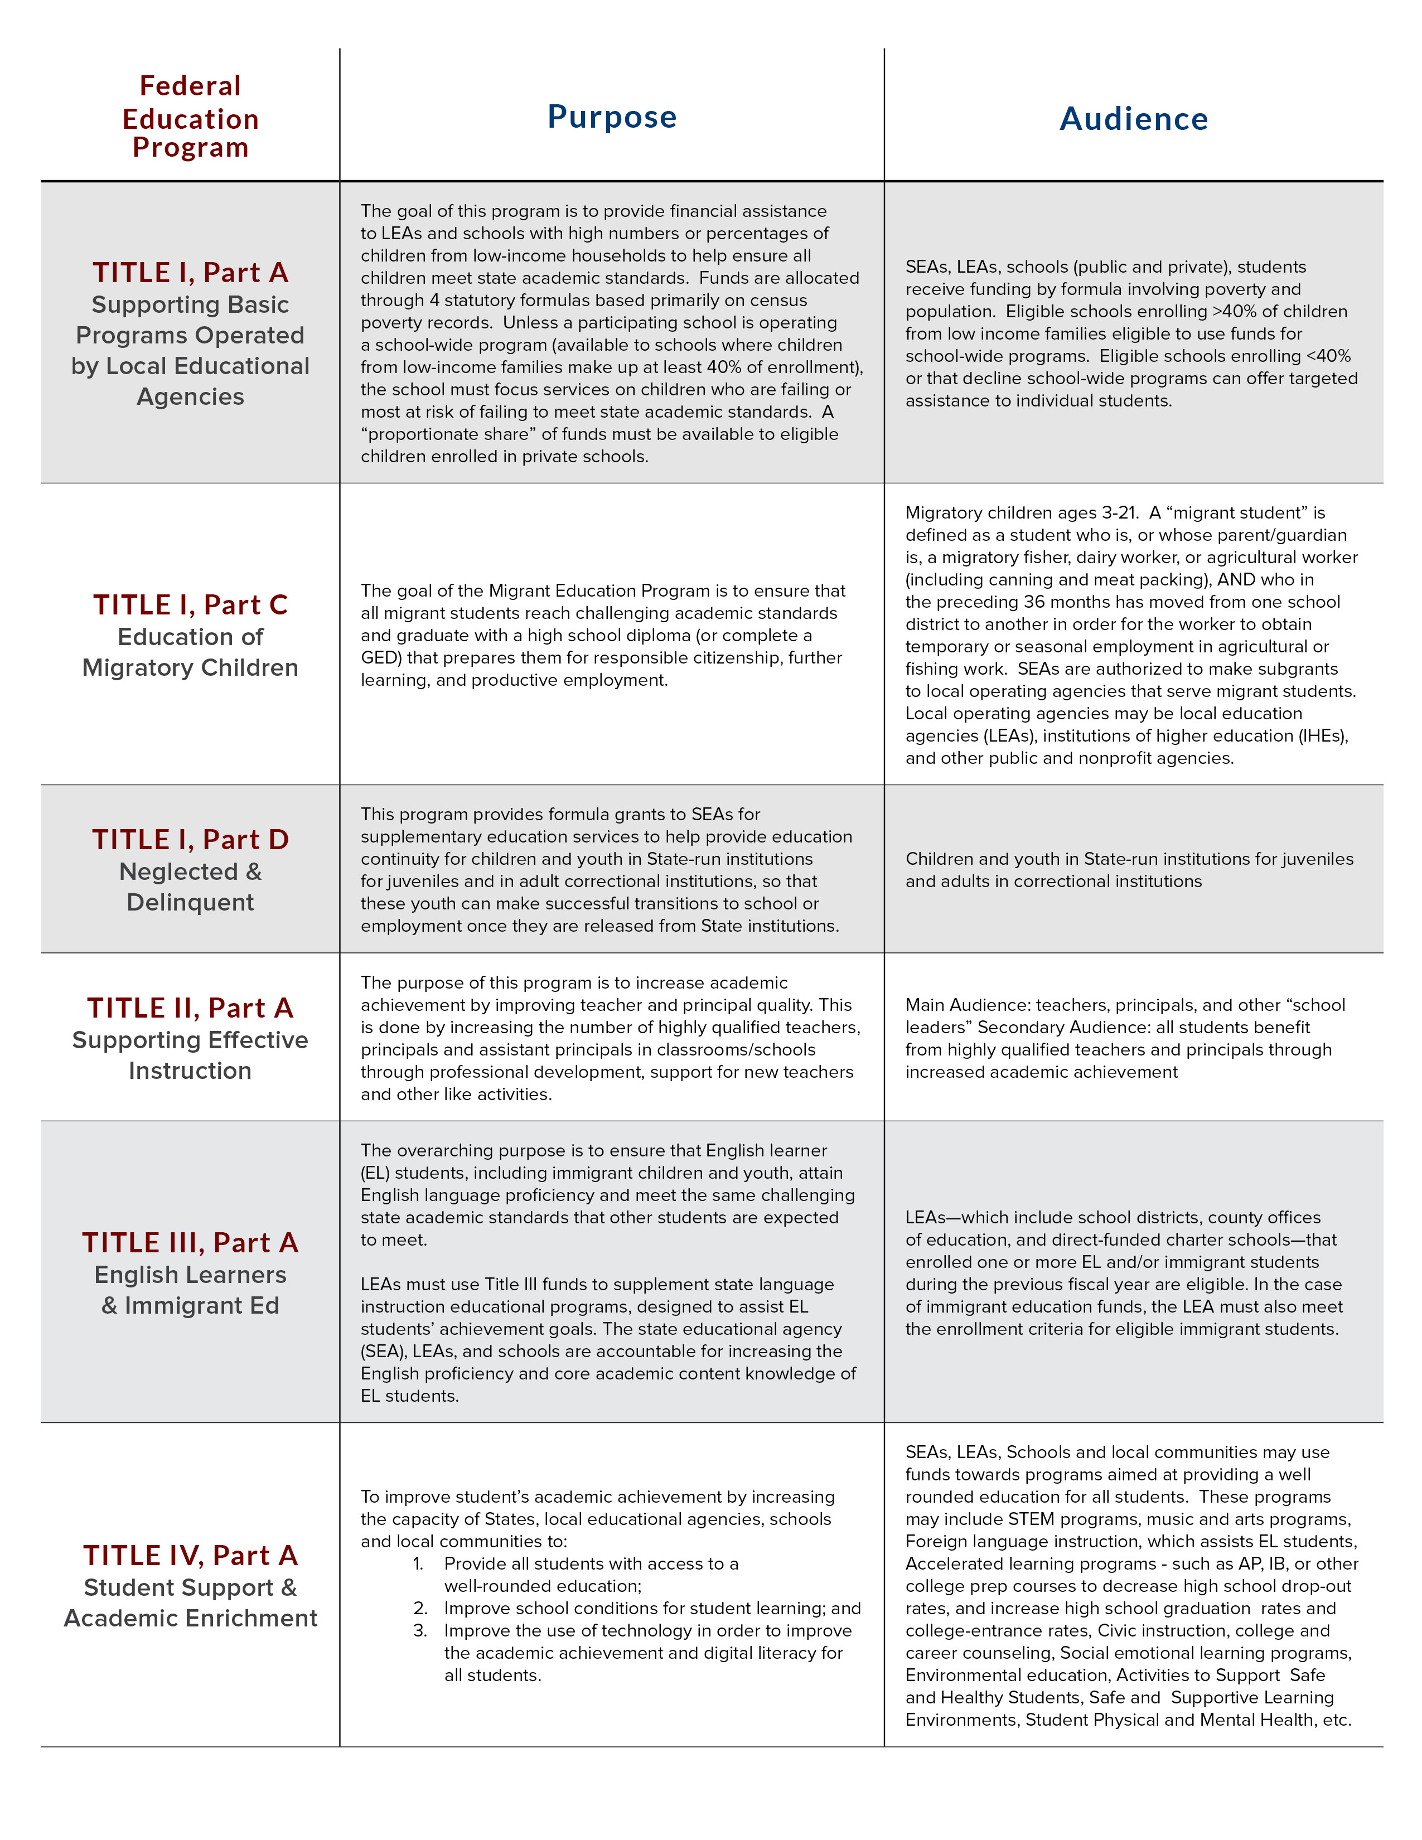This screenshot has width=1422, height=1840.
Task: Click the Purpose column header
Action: (x=612, y=117)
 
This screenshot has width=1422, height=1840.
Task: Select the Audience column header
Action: (x=1133, y=119)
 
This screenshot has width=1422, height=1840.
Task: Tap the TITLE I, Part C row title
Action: (x=190, y=605)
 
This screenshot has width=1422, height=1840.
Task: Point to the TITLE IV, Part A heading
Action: (x=190, y=1555)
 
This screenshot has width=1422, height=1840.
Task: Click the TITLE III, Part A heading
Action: (x=190, y=1243)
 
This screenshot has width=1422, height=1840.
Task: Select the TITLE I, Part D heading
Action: (x=190, y=840)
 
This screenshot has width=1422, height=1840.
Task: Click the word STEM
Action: (x=1031, y=1519)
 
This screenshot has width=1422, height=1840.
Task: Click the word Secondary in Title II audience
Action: (x=1016, y=1028)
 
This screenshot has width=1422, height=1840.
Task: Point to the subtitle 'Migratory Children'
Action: (x=190, y=668)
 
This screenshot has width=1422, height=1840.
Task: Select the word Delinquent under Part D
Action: (x=190, y=902)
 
